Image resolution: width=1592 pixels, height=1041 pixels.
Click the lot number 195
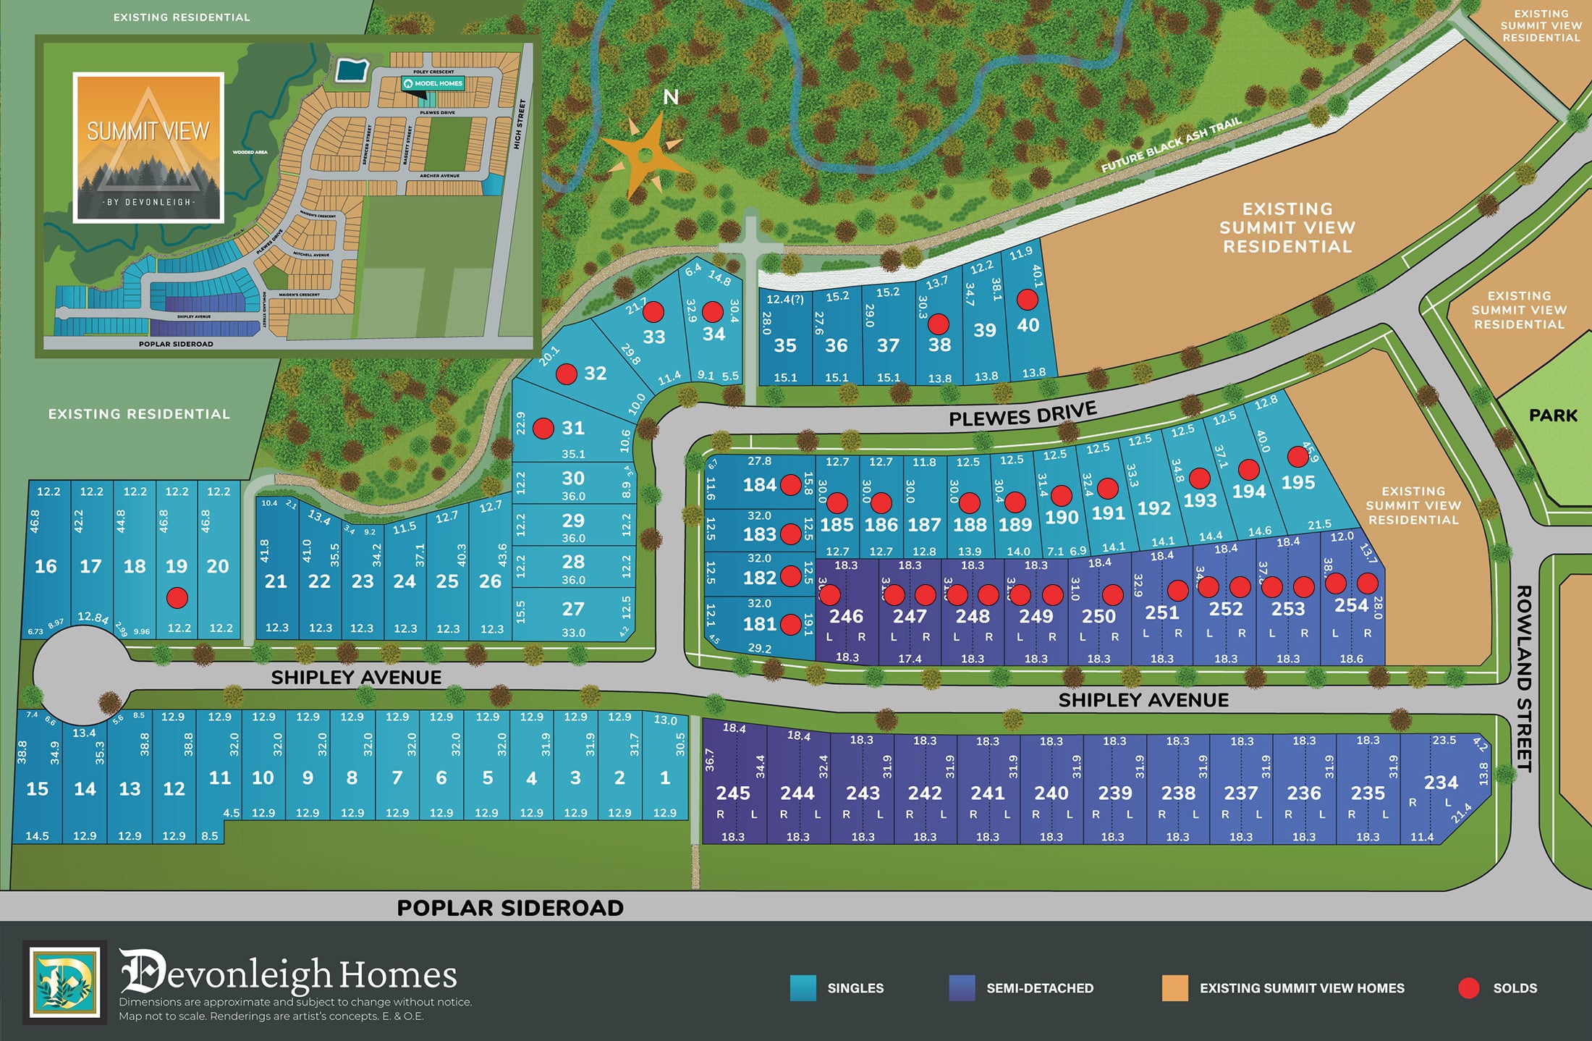coord(1297,483)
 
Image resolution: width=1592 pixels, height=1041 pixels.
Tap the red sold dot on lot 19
coord(177,597)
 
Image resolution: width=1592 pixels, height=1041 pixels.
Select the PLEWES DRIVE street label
coord(1022,414)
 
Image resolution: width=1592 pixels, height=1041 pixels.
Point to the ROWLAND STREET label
coord(1524,678)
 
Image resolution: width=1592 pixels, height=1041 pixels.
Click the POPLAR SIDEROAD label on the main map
coord(510,908)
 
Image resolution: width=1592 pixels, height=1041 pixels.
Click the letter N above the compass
coord(671,97)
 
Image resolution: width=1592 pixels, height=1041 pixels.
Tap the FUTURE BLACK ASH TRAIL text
coord(1171,145)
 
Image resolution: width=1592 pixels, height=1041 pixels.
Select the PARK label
coord(1553,416)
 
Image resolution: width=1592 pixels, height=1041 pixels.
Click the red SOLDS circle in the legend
coord(1468,988)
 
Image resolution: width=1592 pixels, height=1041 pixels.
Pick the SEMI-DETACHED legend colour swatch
coord(962,988)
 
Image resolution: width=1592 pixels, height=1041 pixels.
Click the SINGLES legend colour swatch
coord(803,988)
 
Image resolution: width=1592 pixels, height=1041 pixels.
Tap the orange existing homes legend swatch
coord(1174,988)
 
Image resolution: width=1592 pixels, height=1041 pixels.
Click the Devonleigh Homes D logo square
coord(65,982)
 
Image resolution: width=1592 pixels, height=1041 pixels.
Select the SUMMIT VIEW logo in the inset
coord(148,148)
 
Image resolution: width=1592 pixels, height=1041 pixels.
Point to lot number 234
coord(1441,783)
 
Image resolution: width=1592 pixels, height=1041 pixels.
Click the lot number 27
coord(573,610)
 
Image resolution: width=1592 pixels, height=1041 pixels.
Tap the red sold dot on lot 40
coord(1027,299)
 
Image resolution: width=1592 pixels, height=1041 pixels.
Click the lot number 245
coord(733,793)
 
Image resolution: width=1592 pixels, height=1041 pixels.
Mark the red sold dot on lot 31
coord(543,428)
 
